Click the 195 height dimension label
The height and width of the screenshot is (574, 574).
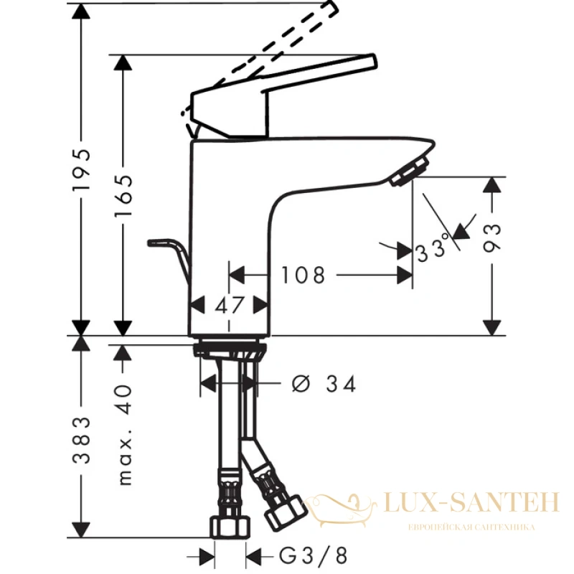[81, 169]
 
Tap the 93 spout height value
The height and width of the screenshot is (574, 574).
[491, 238]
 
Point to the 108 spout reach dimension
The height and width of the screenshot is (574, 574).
[303, 275]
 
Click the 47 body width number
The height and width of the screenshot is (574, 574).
[229, 305]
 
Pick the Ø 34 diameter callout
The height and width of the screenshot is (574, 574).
[324, 384]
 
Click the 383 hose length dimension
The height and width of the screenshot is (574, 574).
[81, 440]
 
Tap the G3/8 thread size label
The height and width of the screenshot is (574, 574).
[313, 555]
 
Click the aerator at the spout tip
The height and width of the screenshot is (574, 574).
[409, 171]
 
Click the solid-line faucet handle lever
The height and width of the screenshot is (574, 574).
[282, 96]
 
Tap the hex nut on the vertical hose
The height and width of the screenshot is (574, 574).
[230, 527]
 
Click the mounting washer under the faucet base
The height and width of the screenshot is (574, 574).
[230, 349]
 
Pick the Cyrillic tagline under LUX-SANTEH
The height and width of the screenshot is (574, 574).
[471, 527]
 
